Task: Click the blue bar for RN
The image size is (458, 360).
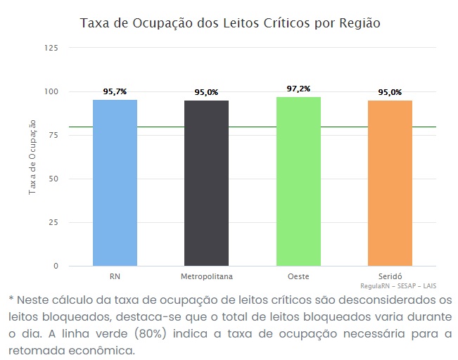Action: (x=115, y=183)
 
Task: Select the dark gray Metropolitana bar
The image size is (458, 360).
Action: (x=206, y=183)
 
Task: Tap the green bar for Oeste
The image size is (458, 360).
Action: (x=298, y=181)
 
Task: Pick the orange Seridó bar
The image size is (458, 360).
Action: (x=390, y=183)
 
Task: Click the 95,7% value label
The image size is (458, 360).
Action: (x=115, y=91)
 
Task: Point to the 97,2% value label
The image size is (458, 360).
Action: (x=298, y=89)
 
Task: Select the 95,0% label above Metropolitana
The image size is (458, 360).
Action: (x=206, y=92)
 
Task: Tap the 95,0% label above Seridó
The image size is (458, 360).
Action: (x=390, y=92)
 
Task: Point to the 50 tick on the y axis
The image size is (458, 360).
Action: (x=53, y=179)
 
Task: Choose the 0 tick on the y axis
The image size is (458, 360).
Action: (x=55, y=266)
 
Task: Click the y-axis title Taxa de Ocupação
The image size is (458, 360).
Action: (x=32, y=157)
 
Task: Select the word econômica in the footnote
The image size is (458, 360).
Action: (x=102, y=349)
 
